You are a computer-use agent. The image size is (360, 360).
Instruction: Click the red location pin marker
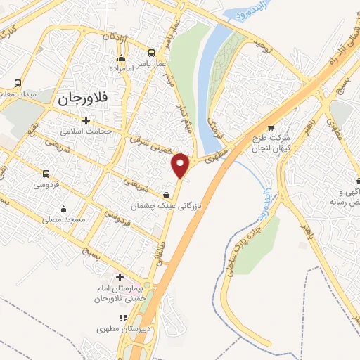pyautogui.click(x=181, y=165)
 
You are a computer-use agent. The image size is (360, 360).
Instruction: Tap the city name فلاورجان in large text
pyautogui.click(x=79, y=99)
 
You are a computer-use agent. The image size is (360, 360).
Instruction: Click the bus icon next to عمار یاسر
pyautogui.click(x=151, y=53)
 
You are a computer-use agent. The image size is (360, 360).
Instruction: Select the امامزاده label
pyautogui.click(x=122, y=69)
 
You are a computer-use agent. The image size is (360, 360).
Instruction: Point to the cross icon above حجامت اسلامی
pyautogui.click(x=86, y=120)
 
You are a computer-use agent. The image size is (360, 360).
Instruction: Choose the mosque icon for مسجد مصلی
pyautogui.click(x=64, y=209)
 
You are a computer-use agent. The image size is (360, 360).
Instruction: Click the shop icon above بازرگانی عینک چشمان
pyautogui.click(x=165, y=195)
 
